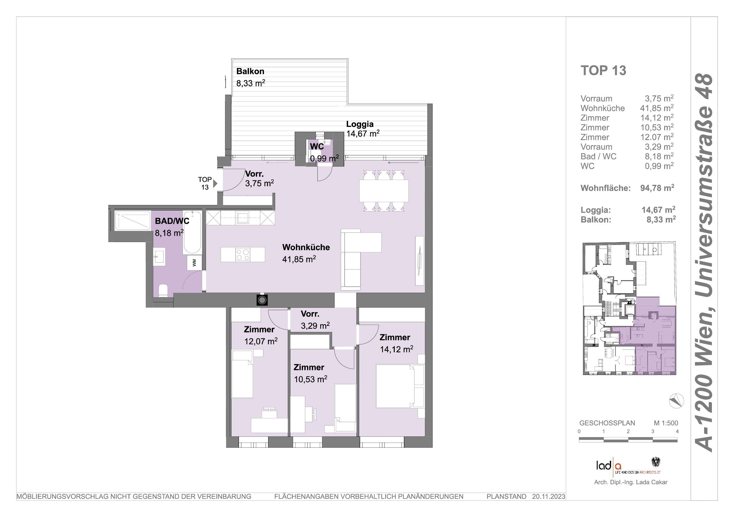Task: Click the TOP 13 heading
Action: [603, 71]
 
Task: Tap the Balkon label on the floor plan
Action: [250, 71]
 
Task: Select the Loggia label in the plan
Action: [360, 124]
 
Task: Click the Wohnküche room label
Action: [306, 247]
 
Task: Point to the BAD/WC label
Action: [172, 221]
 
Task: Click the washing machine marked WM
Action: [194, 262]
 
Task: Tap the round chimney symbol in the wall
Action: [262, 300]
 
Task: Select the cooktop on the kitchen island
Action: [243, 255]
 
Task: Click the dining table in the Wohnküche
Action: [384, 191]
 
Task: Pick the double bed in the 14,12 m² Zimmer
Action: [400, 386]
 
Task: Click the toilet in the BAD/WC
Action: [163, 290]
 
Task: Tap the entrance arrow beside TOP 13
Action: [215, 183]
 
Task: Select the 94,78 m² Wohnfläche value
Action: [657, 188]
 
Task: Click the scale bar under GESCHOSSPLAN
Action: [628, 440]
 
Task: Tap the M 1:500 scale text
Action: [666, 423]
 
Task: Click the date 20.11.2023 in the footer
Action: [549, 496]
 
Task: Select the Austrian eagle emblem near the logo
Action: [656, 462]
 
